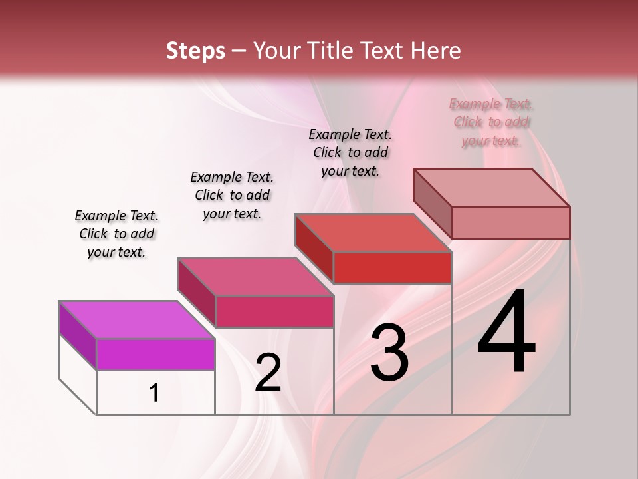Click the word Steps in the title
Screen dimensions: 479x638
195,51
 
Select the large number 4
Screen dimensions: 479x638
506,333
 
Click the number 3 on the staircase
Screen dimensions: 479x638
389,353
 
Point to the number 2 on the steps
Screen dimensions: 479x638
268,372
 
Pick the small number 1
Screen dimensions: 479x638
154,393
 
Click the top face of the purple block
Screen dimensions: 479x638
136,320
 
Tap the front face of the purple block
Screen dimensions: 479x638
156,354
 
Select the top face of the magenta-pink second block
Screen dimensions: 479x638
255,277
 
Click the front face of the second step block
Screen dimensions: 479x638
274,311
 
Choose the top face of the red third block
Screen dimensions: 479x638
373,233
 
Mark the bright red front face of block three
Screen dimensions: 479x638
392,267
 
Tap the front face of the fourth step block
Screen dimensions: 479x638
510,222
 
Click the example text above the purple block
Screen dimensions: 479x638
116,234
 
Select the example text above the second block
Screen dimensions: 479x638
232,195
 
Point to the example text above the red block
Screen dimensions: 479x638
350,152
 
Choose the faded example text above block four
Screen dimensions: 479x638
490,122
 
